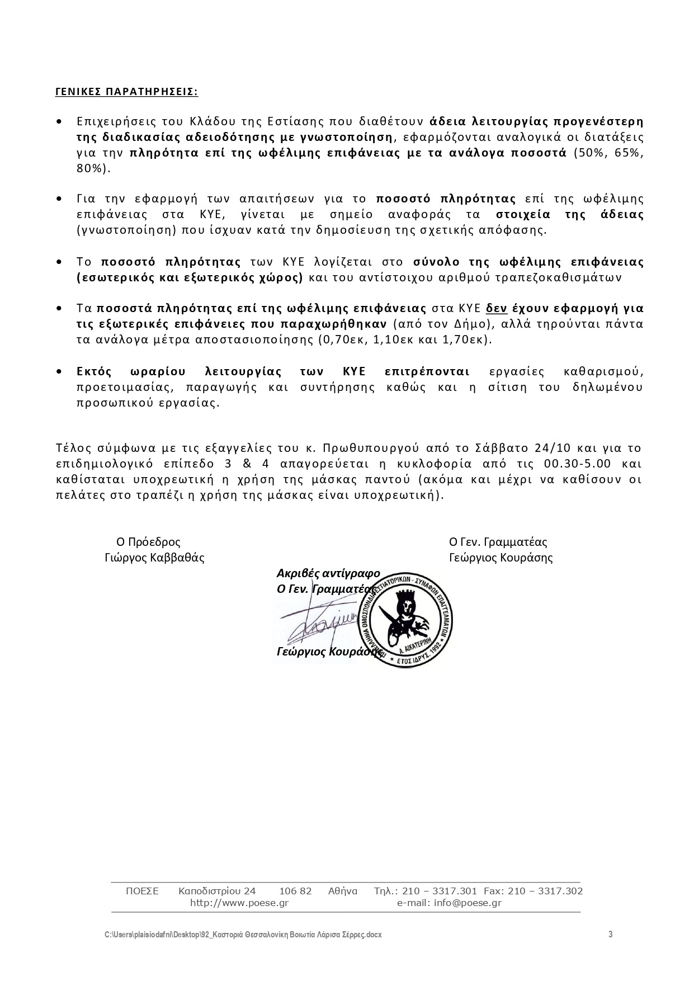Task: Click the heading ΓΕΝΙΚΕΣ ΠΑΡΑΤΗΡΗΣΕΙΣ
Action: click(126, 92)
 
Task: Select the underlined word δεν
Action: click(497, 308)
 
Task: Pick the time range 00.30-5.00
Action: click(577, 464)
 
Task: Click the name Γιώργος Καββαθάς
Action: click(154, 558)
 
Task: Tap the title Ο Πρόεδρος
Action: click(148, 542)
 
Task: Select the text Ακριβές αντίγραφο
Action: click(328, 573)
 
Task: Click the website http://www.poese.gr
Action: click(239, 903)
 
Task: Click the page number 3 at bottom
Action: click(611, 935)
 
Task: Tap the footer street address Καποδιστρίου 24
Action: click(217, 891)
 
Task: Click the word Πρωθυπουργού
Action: click(368, 448)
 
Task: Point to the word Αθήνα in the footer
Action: click(343, 891)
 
